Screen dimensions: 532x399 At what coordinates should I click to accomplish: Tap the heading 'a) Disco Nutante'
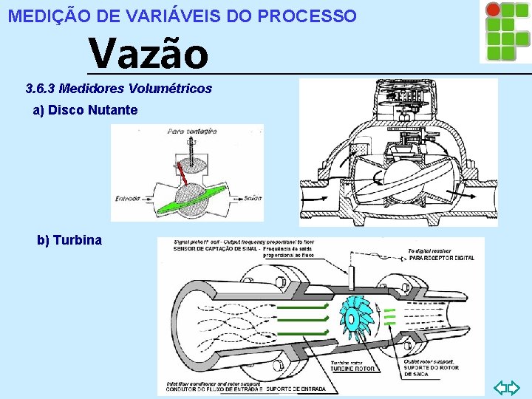(x=85, y=110)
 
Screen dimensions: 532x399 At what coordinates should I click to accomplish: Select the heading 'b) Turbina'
(x=69, y=240)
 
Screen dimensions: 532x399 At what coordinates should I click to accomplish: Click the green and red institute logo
(x=505, y=31)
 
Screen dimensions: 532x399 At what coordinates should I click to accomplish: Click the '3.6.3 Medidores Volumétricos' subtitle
(x=118, y=89)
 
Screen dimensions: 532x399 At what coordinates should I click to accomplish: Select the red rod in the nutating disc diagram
(x=181, y=174)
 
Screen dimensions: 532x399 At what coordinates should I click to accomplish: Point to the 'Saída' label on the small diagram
(x=250, y=199)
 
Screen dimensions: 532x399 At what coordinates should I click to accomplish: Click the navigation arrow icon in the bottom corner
(x=507, y=386)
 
